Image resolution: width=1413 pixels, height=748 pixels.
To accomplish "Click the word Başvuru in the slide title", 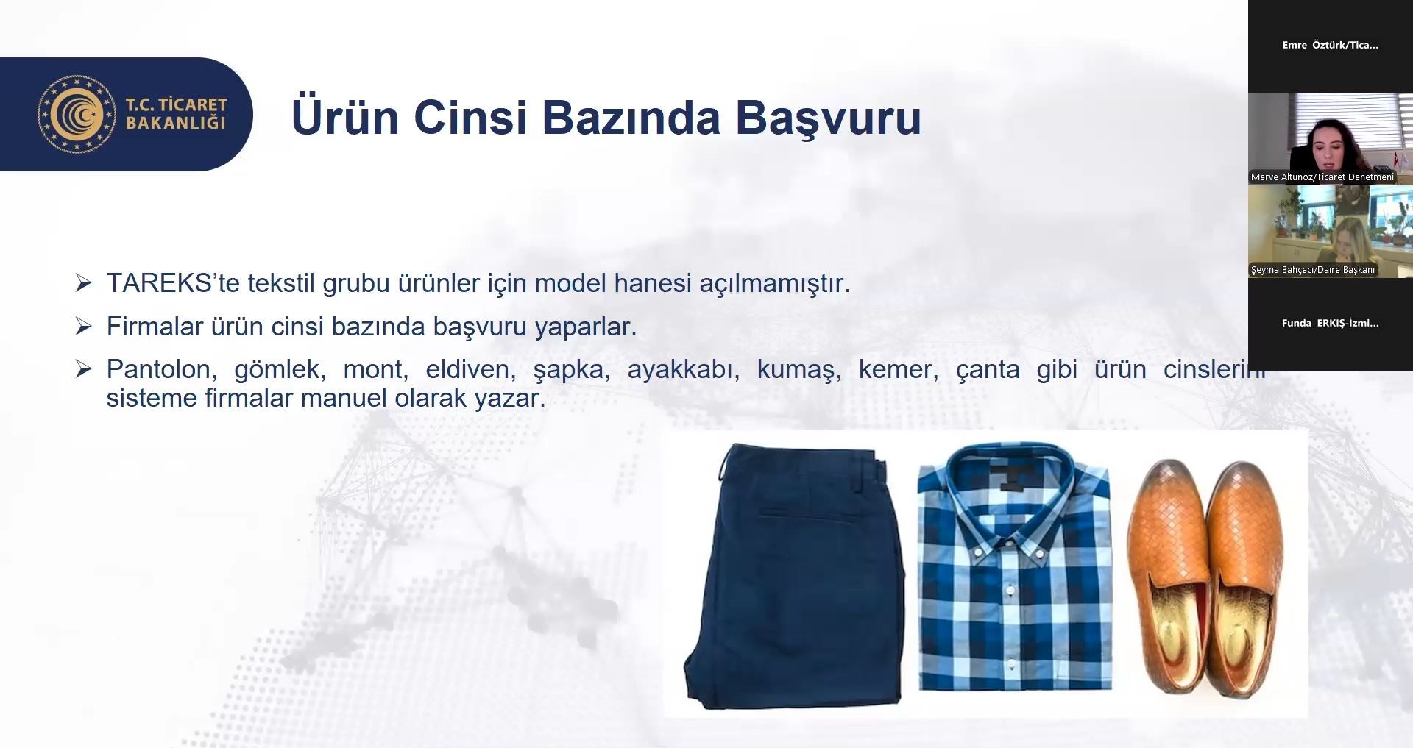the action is pos(828,118).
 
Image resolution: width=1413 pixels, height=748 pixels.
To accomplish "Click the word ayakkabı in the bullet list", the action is pos(684,370).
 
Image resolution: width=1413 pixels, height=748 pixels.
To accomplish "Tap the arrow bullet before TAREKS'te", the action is pos(83,283).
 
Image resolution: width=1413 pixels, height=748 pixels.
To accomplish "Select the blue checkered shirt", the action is pos(1014,566).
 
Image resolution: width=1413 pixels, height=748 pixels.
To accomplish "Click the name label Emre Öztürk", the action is pos(1330,45).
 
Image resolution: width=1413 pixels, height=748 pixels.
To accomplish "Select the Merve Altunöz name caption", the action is pos(1322,177).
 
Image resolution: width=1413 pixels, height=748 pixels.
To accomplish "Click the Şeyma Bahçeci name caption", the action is pos(1313,270).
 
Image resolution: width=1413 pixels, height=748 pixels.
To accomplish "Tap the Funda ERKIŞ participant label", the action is pos(1330,323).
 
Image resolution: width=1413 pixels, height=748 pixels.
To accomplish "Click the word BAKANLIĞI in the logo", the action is pos(176,123).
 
